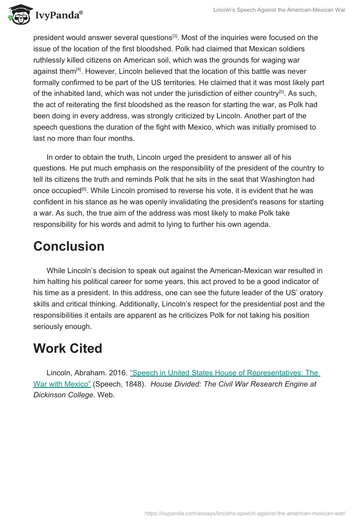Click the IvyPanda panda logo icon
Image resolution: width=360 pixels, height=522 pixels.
click(x=18, y=15)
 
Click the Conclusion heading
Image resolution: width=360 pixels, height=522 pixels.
click(x=69, y=246)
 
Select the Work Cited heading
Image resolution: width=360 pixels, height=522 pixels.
click(x=67, y=348)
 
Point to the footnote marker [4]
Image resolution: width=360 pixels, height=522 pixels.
click(x=78, y=70)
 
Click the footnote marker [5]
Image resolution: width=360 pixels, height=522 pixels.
click(x=281, y=92)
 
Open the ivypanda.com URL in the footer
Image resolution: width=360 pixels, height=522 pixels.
click(x=245, y=513)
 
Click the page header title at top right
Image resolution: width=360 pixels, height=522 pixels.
click(x=279, y=10)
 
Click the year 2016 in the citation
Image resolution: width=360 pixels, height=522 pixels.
click(x=118, y=373)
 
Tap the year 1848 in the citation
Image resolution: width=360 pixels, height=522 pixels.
click(x=135, y=384)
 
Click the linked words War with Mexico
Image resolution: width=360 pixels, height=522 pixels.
click(x=62, y=384)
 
